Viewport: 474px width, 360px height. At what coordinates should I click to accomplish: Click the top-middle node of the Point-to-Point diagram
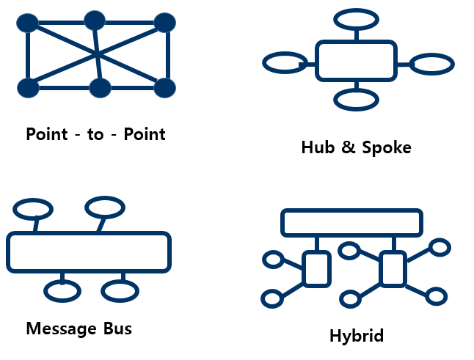coord(95,21)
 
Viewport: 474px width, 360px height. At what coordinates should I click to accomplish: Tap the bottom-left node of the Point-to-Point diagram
coord(28,88)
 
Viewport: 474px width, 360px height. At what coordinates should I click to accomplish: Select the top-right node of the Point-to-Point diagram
coord(165,23)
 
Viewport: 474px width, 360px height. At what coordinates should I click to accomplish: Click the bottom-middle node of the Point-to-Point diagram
coord(100,88)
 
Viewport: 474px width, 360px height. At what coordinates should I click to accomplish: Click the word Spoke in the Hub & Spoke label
coord(387,147)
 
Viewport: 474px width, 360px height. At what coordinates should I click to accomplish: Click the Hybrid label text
coord(357,336)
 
